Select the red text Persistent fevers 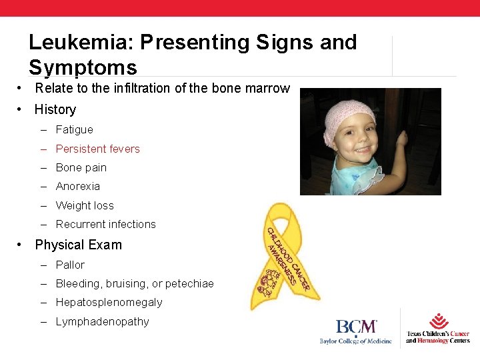(97, 149)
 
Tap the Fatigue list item (74, 129)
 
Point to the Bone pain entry (81, 167)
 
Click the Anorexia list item (77, 186)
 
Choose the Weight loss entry (85, 205)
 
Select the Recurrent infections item (105, 224)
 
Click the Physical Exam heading (78, 245)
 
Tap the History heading (55, 109)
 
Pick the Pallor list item (70, 265)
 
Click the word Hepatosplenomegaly (109, 302)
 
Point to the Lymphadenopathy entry (102, 321)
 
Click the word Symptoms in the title (83, 67)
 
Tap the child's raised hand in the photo (401, 138)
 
